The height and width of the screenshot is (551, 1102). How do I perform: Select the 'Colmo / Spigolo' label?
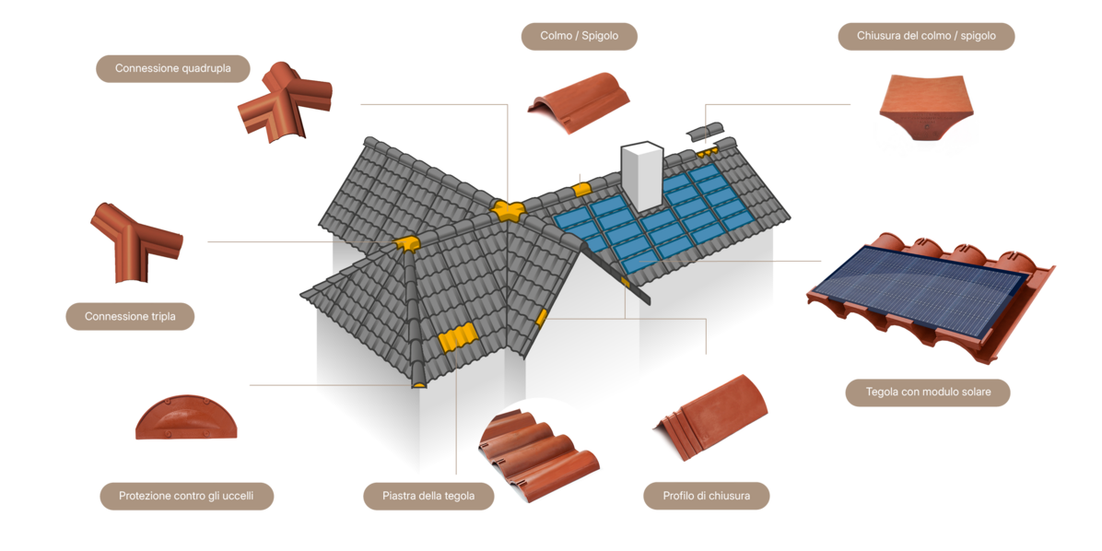pos(579,37)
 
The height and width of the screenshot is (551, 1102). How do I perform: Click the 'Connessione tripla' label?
pos(130,317)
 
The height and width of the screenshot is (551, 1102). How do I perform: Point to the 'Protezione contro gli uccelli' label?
pos(185,496)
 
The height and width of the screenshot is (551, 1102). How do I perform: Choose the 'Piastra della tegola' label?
pos(428,496)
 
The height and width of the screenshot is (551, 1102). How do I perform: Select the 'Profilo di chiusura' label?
pos(706,496)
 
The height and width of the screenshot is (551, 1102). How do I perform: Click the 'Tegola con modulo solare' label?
pos(928,392)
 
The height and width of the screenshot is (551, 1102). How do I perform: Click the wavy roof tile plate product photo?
pos(539,456)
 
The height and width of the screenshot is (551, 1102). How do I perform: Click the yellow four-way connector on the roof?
pos(506,211)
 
